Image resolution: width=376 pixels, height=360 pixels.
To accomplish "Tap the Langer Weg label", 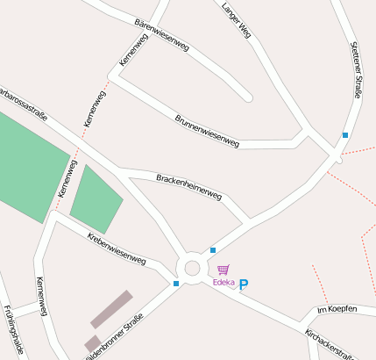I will [x=237, y=19].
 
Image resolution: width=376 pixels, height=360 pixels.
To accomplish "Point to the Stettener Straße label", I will [x=357, y=70].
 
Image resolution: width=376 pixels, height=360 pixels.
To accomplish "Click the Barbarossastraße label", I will [x=23, y=102].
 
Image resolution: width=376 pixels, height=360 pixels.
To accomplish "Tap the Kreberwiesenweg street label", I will [x=117, y=248].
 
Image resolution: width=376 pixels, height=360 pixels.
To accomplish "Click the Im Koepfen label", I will [x=337, y=310].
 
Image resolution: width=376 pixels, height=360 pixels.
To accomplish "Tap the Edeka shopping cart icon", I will [x=223, y=270].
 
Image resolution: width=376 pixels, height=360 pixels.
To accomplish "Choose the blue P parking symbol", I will [x=245, y=284].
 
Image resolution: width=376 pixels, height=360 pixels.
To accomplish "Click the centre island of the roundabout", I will [x=193, y=268].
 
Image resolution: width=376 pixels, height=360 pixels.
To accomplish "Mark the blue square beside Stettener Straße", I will [x=345, y=135].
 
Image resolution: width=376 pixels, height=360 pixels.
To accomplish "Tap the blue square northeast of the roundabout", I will [x=213, y=250].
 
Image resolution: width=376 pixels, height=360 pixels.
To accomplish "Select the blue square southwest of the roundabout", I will [x=176, y=284].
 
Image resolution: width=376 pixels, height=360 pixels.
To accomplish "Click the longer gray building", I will [x=111, y=308].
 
